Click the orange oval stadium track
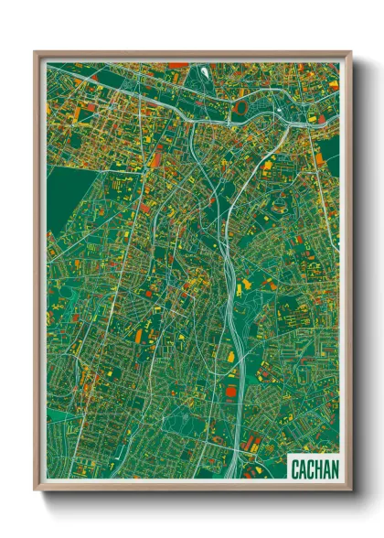240,108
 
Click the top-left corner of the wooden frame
36,52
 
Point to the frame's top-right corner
350,52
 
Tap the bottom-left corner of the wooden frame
36,490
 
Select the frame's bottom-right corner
350,490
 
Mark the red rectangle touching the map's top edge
177,65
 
